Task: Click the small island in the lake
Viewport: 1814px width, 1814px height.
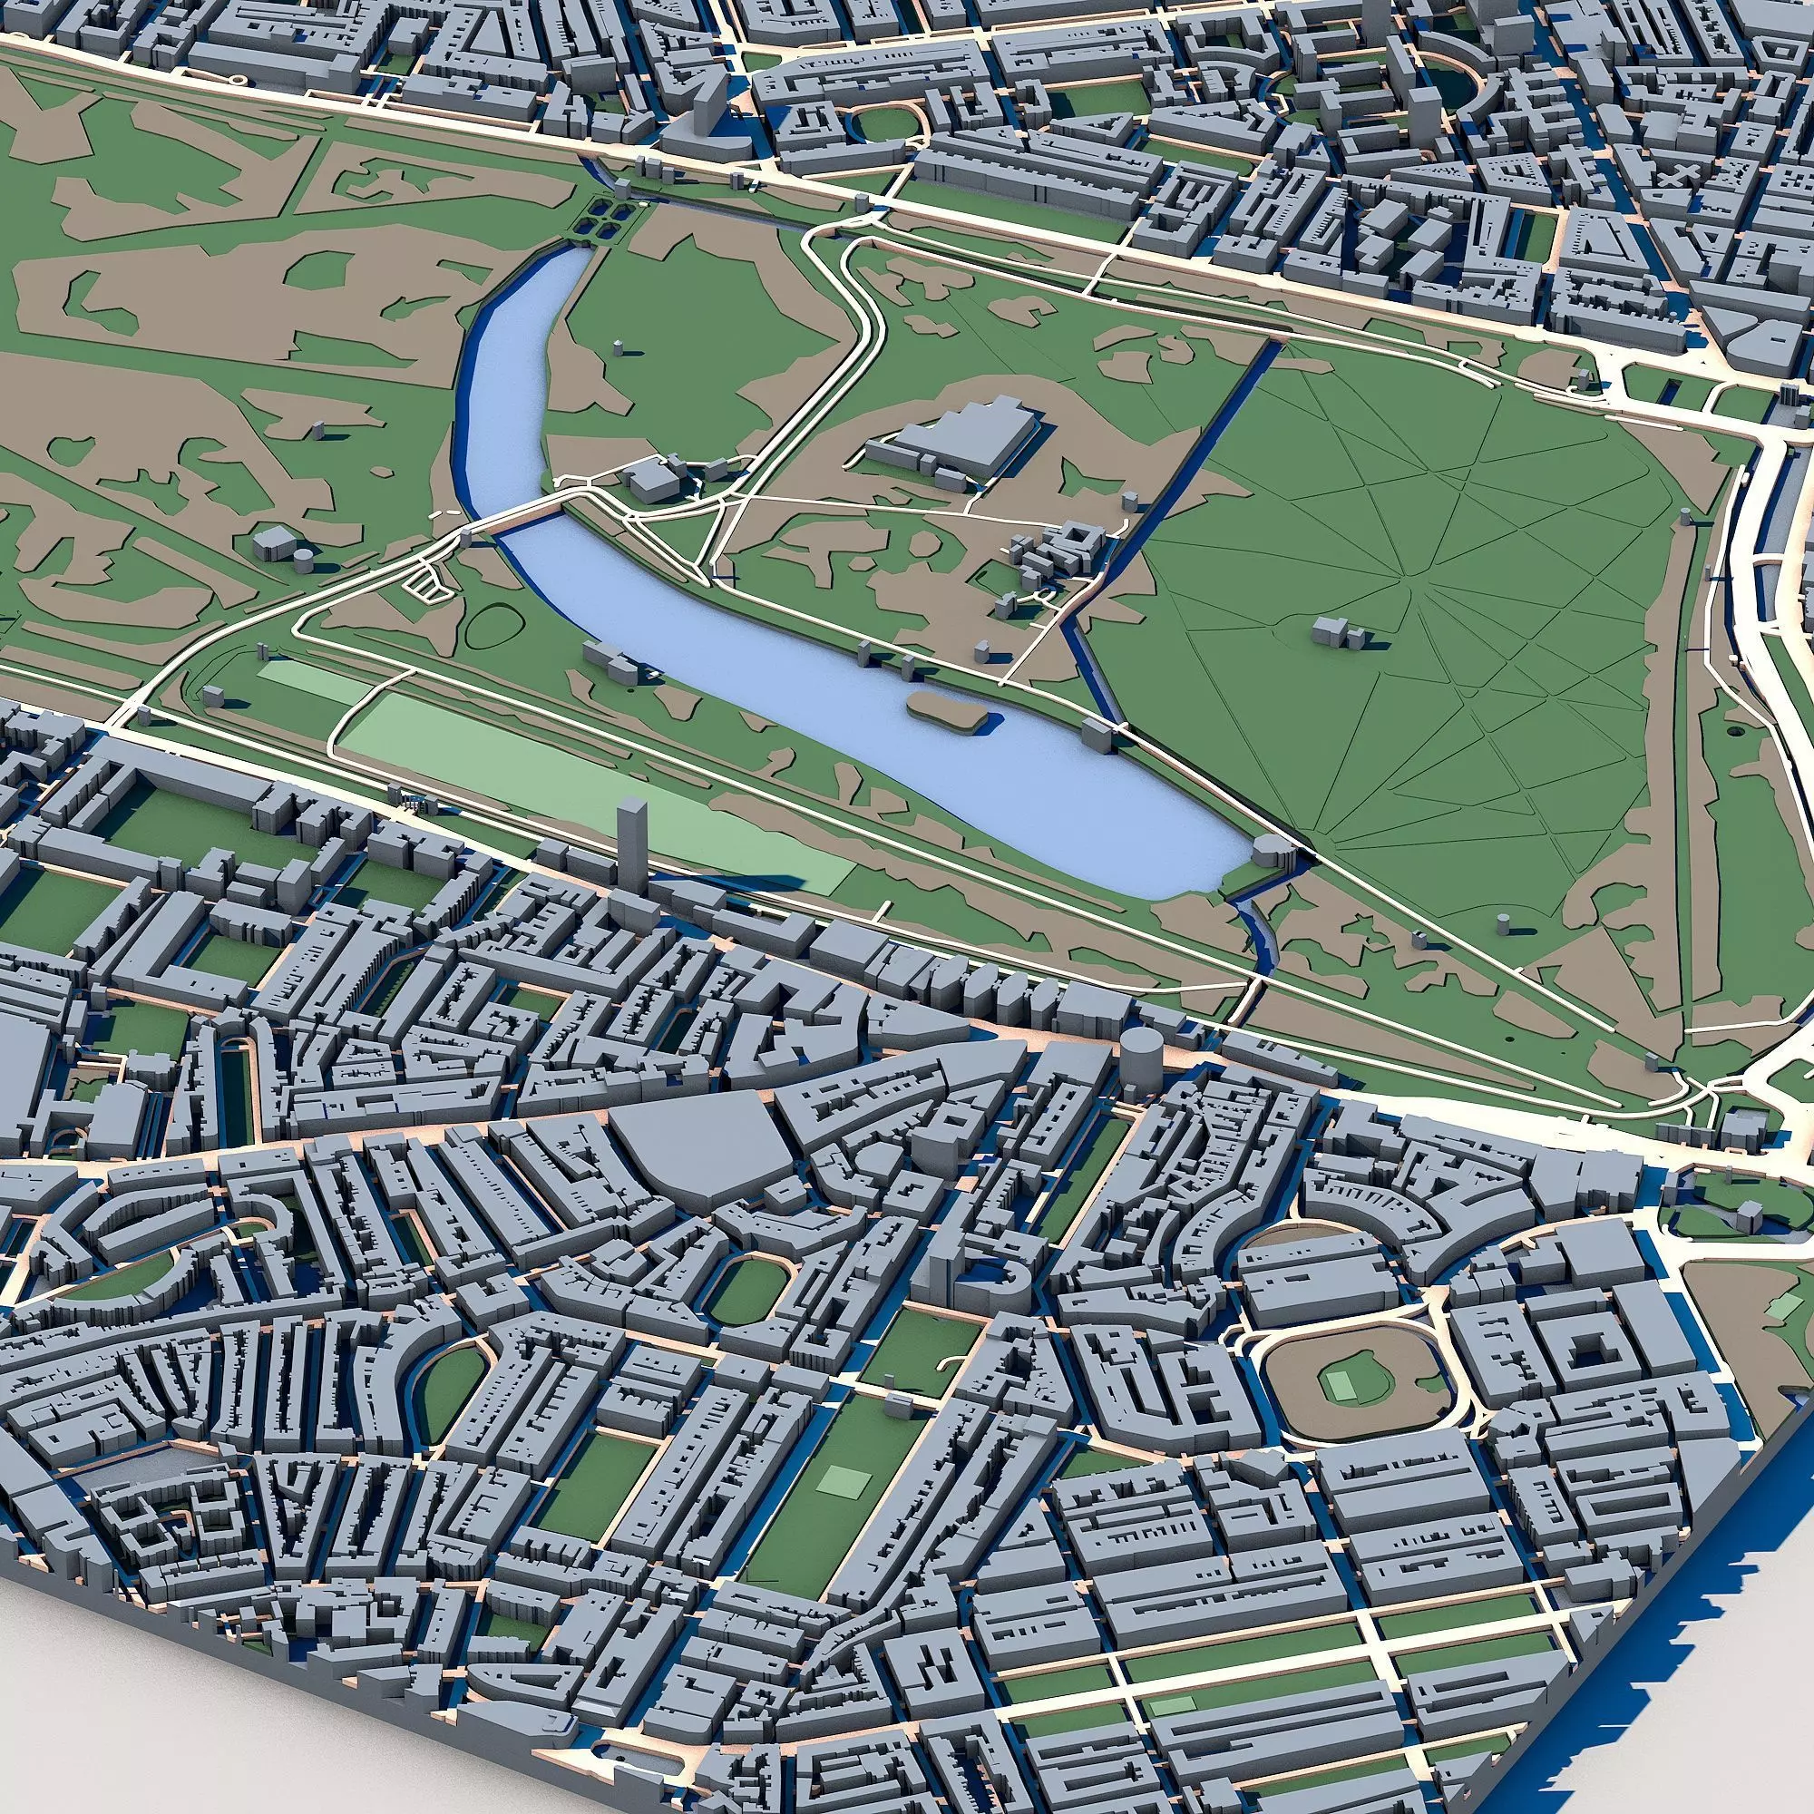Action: [943, 710]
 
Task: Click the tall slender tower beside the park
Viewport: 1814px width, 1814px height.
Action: [632, 841]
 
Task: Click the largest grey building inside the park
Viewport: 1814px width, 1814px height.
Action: [967, 442]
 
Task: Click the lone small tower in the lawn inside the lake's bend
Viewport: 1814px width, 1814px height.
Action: [618, 347]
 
